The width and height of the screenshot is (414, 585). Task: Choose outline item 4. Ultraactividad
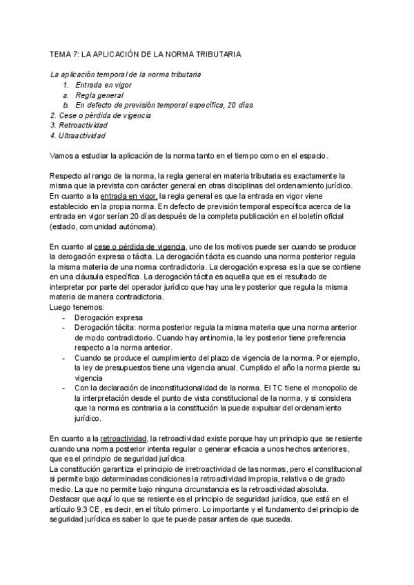click(77, 136)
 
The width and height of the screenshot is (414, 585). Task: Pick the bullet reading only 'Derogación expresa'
click(107, 317)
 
